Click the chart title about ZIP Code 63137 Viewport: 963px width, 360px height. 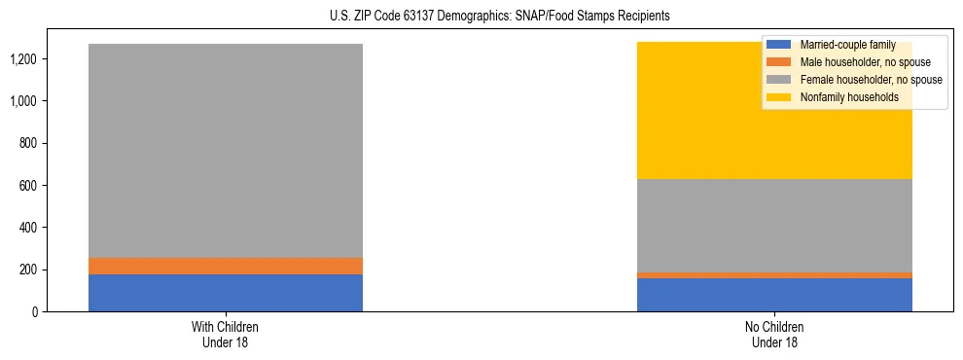[x=481, y=17]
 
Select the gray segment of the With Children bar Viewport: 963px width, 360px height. [x=226, y=151]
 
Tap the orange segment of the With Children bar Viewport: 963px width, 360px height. [x=226, y=266]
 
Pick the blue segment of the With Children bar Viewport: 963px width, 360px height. [x=226, y=293]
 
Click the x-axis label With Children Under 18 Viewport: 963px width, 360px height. [x=226, y=334]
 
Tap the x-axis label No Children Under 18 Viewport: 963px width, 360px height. [x=774, y=334]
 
